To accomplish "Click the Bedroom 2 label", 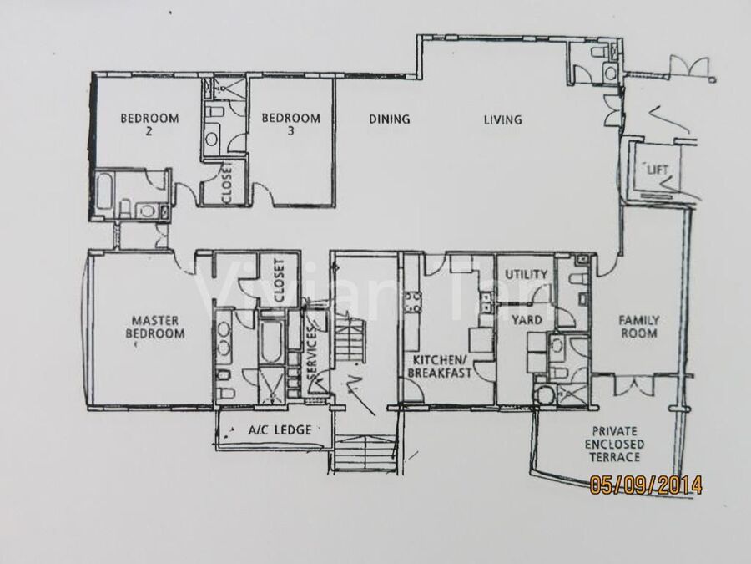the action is click(x=149, y=124).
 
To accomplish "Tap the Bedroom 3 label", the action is click(x=290, y=124).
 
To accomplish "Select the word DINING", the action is click(x=390, y=119).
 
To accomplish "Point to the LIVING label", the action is click(x=502, y=119).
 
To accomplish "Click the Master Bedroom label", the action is click(x=154, y=327).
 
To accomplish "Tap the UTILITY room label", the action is click(x=526, y=274).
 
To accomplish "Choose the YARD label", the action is click(x=527, y=320).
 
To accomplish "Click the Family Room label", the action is click(x=639, y=327).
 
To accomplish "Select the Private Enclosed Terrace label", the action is click(x=614, y=445).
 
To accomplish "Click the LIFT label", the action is click(x=658, y=170).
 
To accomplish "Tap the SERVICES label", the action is click(x=312, y=352).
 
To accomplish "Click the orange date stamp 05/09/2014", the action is click(x=646, y=485).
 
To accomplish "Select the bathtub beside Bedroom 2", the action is click(x=104, y=191).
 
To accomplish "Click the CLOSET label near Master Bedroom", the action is click(x=280, y=280).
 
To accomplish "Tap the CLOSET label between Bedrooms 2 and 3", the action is click(x=226, y=182).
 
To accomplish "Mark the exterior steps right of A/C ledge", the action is click(x=364, y=452).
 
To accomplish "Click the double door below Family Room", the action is click(x=634, y=384).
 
